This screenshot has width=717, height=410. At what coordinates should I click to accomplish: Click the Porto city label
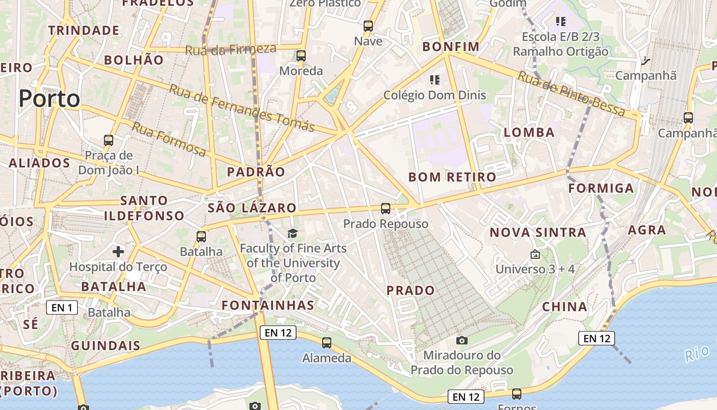click(50, 98)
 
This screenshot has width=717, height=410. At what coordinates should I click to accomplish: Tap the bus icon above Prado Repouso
click(386, 209)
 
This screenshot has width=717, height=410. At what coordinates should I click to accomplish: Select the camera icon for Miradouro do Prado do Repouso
click(461, 340)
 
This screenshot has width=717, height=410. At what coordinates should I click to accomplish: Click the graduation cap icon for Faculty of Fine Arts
click(292, 234)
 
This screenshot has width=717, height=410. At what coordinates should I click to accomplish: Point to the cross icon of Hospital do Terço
click(118, 251)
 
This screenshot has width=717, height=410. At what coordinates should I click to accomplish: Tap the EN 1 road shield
click(62, 307)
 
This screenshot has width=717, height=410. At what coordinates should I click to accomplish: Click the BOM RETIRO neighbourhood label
click(452, 177)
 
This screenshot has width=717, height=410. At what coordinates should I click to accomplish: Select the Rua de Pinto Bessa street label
click(571, 94)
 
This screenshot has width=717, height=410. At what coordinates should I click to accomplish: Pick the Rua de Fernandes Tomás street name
click(241, 108)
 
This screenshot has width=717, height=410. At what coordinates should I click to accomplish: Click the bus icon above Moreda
click(301, 55)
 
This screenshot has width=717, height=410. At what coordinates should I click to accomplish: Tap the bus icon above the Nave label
click(368, 26)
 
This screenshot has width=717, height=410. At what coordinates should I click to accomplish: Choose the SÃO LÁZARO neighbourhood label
click(252, 208)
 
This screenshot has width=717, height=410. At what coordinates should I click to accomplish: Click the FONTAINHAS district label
click(268, 305)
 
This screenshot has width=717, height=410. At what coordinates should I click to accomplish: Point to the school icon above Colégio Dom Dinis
click(435, 79)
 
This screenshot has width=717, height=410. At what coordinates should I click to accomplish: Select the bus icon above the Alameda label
click(327, 342)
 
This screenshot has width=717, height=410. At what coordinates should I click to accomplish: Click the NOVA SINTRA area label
click(538, 232)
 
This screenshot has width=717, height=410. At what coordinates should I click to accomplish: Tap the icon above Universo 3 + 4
click(535, 254)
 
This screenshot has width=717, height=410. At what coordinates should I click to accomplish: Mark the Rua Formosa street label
click(170, 139)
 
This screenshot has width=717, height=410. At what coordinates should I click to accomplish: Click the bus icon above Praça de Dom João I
click(109, 140)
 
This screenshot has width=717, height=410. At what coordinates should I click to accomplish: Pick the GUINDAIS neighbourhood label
click(106, 345)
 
